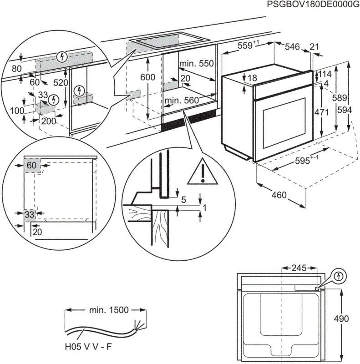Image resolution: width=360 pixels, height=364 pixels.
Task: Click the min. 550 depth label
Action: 196,64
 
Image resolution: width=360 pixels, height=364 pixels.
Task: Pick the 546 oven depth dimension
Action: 293,46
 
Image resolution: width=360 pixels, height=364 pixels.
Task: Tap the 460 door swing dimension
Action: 279,196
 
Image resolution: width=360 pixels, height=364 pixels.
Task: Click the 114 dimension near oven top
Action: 325,75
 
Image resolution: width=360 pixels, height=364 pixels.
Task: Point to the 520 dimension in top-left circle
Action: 60,83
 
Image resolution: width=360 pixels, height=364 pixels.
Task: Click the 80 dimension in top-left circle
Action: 17,69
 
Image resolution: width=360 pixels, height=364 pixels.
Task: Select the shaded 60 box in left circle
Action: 31,166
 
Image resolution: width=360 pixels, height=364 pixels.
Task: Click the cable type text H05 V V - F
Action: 89,348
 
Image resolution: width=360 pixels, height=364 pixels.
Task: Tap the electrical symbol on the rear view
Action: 338,276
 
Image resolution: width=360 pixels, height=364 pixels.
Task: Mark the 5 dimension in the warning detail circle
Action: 183,199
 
